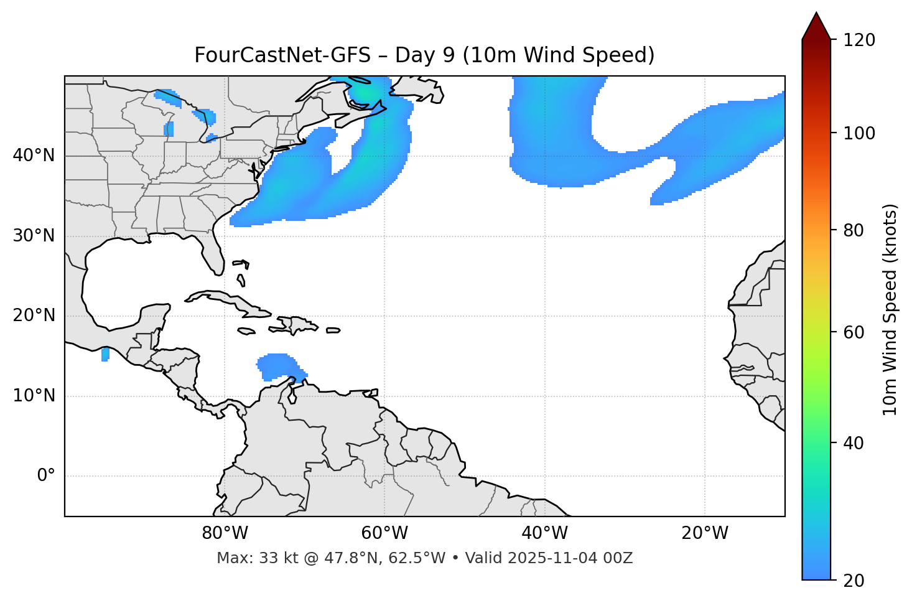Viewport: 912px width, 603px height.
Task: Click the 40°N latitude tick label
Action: point(34,156)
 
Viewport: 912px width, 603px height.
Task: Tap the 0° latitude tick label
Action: point(45,476)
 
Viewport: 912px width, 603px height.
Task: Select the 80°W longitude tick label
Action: point(225,533)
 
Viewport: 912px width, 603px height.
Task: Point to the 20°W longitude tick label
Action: point(705,533)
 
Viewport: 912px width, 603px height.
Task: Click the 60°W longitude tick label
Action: point(384,533)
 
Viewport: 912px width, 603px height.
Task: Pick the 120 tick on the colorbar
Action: point(859,40)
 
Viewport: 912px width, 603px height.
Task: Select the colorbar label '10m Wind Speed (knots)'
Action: point(890,309)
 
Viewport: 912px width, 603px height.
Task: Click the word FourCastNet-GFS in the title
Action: point(282,55)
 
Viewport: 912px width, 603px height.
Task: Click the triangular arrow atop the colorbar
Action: point(816,27)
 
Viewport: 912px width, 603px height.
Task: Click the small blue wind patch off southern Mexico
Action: point(105,355)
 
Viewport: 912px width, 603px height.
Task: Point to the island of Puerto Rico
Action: point(333,330)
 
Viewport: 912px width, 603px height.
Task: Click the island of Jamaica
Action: point(246,331)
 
